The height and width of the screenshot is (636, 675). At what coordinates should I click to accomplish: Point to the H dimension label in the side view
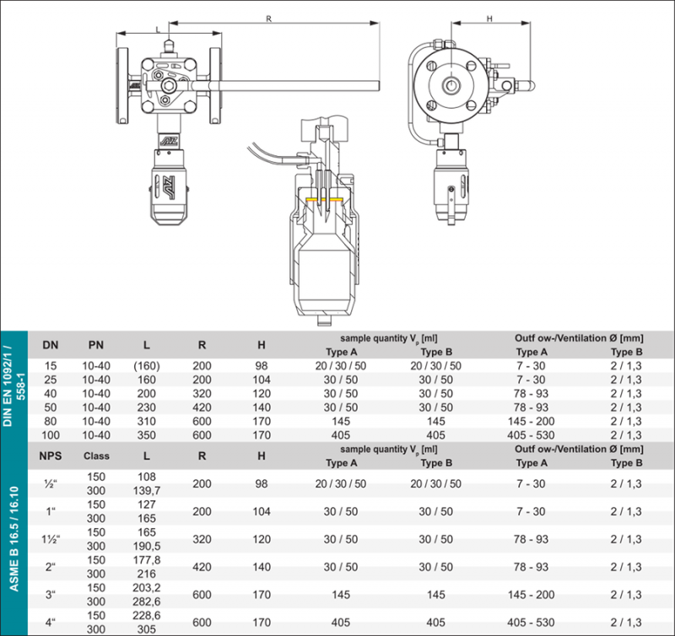(489, 18)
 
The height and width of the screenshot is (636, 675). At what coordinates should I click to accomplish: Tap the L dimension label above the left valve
(158, 30)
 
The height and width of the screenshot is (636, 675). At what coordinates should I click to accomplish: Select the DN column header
(51, 344)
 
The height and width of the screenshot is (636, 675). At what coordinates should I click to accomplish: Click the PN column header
(97, 344)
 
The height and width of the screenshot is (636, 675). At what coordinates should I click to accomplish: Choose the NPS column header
(51, 455)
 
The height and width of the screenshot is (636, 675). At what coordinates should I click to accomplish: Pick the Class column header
(97, 455)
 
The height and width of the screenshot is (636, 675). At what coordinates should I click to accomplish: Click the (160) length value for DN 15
(147, 365)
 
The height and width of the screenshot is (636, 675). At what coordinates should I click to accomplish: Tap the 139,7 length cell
(147, 490)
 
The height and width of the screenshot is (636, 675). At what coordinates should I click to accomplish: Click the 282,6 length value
(147, 601)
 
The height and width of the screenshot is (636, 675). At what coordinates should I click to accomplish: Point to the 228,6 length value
(147, 615)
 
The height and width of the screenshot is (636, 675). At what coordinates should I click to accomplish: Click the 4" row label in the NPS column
(51, 622)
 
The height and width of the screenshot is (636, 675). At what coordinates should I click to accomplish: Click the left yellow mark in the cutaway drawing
(313, 199)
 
